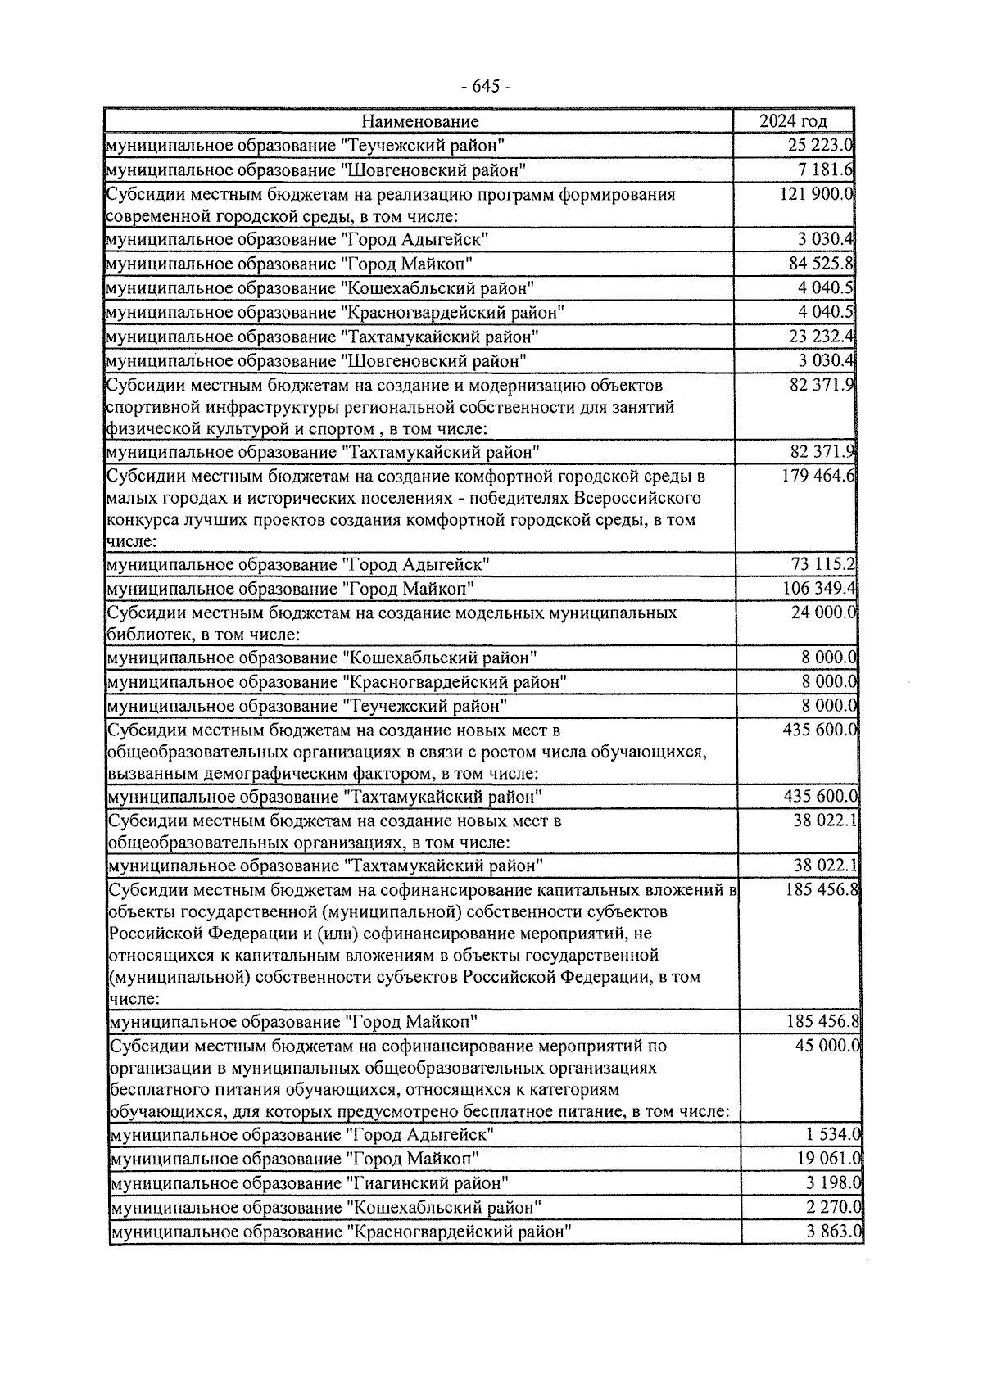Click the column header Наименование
pos(419,121)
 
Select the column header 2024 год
pos(792,121)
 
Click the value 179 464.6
pos(818,476)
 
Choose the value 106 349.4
pos(819,589)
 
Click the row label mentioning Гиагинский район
pos(309,1183)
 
